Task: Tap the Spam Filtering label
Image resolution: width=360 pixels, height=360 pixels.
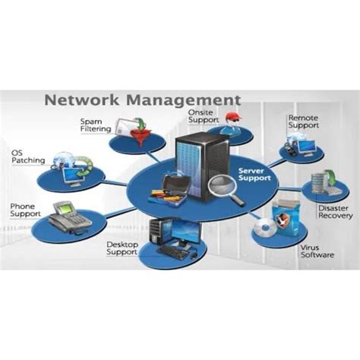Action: (95, 125)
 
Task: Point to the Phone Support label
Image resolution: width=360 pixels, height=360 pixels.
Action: (26, 209)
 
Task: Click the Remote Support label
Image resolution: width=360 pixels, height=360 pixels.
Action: (302, 122)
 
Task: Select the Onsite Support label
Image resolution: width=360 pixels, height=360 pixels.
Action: (204, 116)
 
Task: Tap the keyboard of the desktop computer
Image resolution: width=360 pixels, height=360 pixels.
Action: (172, 251)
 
